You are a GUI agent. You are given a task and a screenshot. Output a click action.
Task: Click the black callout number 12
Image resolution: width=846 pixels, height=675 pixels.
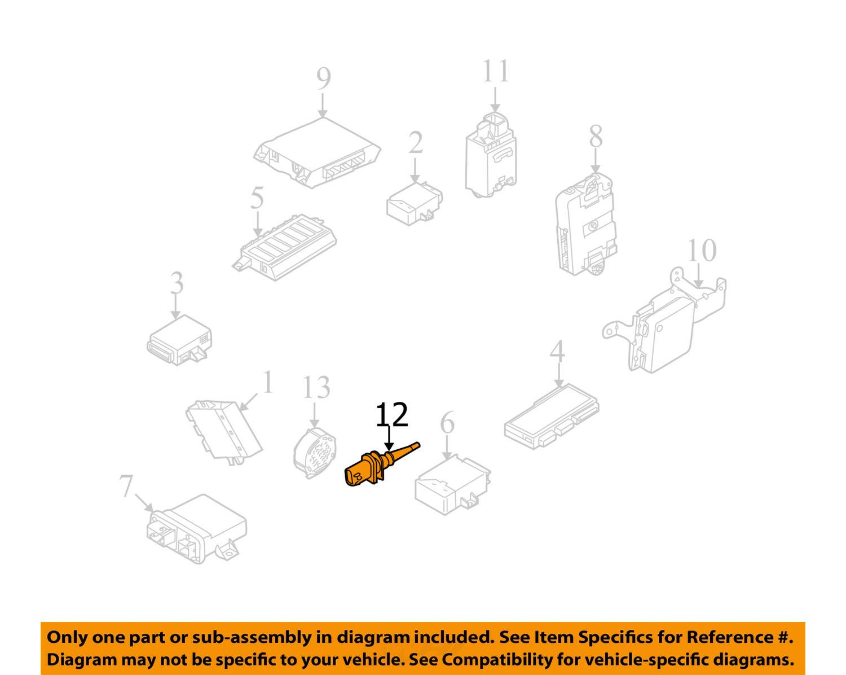(x=391, y=415)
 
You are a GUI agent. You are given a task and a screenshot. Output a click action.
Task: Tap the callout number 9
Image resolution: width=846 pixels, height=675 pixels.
(x=323, y=79)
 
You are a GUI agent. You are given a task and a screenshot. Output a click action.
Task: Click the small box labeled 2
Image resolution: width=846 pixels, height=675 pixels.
(x=413, y=202)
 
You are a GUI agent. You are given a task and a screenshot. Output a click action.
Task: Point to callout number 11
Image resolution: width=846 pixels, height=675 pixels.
(x=495, y=72)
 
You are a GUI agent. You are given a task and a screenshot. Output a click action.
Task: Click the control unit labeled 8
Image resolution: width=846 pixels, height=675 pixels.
(x=585, y=226)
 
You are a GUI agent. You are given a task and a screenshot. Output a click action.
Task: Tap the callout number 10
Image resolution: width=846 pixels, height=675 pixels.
(x=701, y=251)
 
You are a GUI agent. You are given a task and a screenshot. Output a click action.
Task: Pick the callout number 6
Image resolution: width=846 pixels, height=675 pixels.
(x=447, y=423)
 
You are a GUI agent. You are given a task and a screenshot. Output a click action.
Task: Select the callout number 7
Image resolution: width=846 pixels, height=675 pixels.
(x=126, y=486)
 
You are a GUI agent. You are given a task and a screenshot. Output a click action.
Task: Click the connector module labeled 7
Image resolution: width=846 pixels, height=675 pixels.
(x=195, y=528)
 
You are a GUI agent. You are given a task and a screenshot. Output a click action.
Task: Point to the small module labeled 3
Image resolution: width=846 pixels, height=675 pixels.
(x=179, y=340)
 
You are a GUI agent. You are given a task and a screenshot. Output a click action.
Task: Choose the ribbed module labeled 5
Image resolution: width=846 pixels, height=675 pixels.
(x=285, y=246)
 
